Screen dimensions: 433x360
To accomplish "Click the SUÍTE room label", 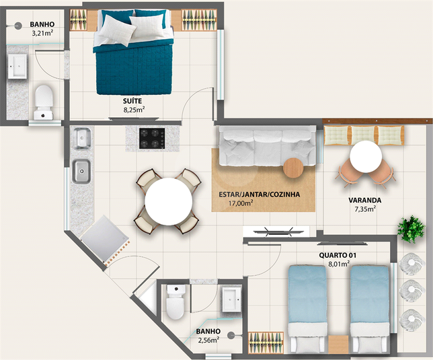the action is coord(132,101).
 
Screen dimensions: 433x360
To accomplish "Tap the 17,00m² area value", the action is coord(241,203).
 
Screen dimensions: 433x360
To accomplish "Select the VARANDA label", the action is coord(365,200).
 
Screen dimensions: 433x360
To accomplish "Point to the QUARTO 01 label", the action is coord(338,255).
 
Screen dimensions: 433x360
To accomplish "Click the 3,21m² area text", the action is coord(42,34).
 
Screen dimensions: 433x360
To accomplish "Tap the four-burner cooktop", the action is coord(152,139).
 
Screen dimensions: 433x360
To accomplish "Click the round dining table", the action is coord(169,201).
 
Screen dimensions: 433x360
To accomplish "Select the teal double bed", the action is coord(134,52).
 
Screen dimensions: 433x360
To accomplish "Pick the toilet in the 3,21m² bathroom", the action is coord(44,102).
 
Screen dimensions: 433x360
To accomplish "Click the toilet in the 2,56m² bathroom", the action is coord(175,302).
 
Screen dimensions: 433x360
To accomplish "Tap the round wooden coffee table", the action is coord(293,168).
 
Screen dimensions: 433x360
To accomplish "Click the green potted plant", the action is coord(411,229).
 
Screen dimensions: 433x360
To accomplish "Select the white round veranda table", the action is coord(366,157).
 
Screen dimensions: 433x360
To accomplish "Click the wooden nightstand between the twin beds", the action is coord(338,345).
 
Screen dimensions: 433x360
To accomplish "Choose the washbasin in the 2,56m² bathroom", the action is coord(231,299).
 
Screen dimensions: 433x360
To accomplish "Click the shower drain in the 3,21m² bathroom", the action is coord(18,26).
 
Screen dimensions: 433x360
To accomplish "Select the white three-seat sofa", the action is coord(268,146).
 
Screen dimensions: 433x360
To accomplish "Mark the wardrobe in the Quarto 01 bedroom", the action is coord(266,343).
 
